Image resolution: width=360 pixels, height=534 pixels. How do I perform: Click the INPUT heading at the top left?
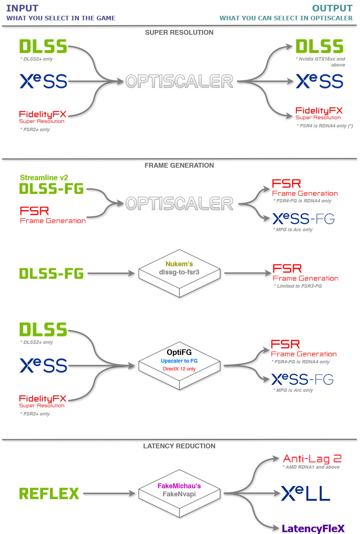pos(22,8)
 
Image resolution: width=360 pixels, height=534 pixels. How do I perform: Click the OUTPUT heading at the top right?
pos(332,8)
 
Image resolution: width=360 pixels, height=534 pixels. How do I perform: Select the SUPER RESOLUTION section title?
pos(179,32)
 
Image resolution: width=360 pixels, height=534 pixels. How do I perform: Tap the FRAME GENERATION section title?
pos(179,165)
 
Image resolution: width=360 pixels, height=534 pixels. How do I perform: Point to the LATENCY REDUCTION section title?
pos(179,446)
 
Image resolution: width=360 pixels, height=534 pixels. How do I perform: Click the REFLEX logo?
pos(49,493)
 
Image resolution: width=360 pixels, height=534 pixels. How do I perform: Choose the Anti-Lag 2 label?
pos(312,459)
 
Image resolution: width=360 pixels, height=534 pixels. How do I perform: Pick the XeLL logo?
pos(305,493)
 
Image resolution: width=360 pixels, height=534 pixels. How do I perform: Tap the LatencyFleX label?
pos(313,528)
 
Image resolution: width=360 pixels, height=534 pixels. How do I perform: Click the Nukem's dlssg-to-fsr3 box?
pos(179,273)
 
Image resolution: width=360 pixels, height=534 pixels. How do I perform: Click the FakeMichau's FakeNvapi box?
pos(179,490)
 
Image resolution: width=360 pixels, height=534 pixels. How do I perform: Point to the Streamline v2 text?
pos(44,178)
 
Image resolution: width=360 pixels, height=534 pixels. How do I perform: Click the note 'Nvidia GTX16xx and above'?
pos(322,62)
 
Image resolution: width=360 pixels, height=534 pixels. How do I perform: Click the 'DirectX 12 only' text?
pos(179,369)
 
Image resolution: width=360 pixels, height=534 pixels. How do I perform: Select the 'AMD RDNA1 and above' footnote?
pos(311,467)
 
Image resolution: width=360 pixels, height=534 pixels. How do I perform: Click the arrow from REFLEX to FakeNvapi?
pos(109,493)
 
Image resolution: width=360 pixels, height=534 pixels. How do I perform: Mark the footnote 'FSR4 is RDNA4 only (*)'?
pos(325,126)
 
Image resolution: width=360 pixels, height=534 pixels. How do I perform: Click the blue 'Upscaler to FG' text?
pos(179,361)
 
